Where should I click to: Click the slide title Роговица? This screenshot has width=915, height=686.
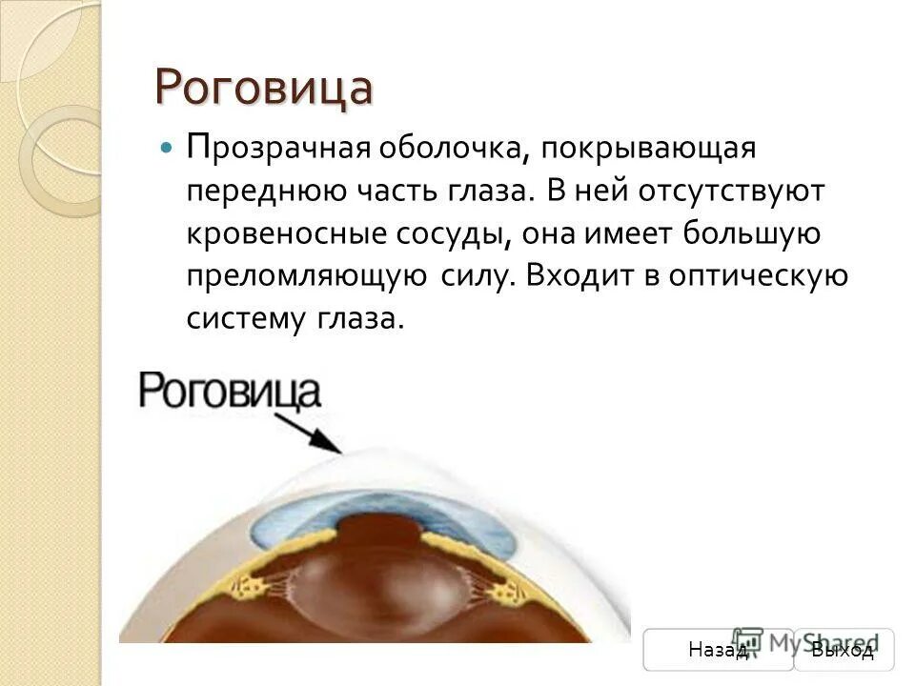[263, 88]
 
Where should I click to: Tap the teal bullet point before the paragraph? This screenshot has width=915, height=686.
[168, 150]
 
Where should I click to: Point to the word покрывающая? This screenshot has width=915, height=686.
[648, 150]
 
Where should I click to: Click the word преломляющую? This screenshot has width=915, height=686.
[306, 276]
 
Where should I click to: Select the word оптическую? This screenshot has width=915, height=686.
[765, 276]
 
